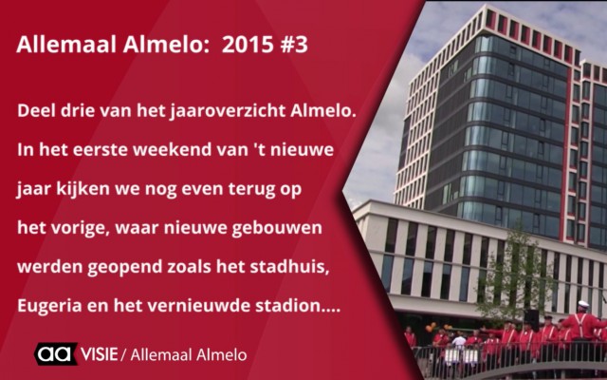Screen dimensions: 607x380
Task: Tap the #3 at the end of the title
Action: [x=294, y=45]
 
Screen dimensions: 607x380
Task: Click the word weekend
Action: [x=169, y=150]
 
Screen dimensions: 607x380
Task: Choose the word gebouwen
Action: [x=277, y=228]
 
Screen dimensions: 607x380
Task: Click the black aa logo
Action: [x=55, y=353]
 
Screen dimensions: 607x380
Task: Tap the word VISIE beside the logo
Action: [x=99, y=354]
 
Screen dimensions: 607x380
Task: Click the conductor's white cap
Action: [x=583, y=304]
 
